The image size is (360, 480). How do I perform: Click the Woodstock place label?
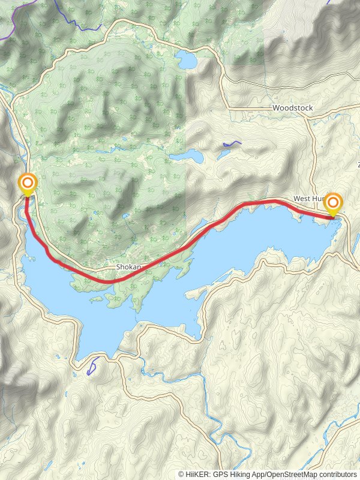(292, 108)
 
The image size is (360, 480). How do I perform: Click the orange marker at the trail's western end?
(28, 182)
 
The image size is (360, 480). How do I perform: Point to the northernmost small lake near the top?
(185, 59)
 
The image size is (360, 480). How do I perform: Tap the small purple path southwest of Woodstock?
(231, 144)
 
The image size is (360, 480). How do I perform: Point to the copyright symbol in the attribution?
(181, 474)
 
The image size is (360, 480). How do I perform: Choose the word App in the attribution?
(261, 474)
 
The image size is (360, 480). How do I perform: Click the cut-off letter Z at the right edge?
(358, 164)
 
